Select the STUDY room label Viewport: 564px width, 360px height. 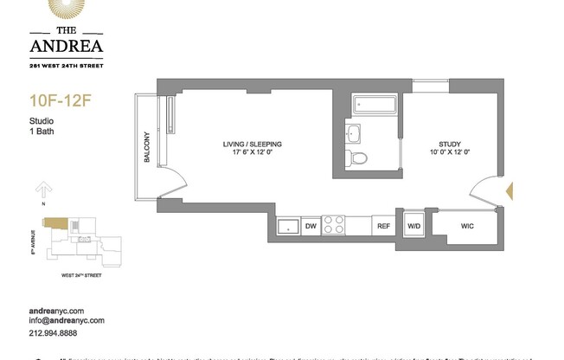click(x=450, y=148)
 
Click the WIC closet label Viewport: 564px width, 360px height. click(x=468, y=226)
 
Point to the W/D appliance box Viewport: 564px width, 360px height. click(x=413, y=226)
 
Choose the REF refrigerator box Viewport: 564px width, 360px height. click(x=382, y=226)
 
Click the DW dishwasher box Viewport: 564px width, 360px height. click(x=310, y=226)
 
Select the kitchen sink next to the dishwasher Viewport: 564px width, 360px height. click(x=286, y=226)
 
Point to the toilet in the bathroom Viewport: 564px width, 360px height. click(x=358, y=158)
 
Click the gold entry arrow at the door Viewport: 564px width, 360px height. click(x=508, y=190)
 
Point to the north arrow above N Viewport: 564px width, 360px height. click(x=41, y=190)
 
